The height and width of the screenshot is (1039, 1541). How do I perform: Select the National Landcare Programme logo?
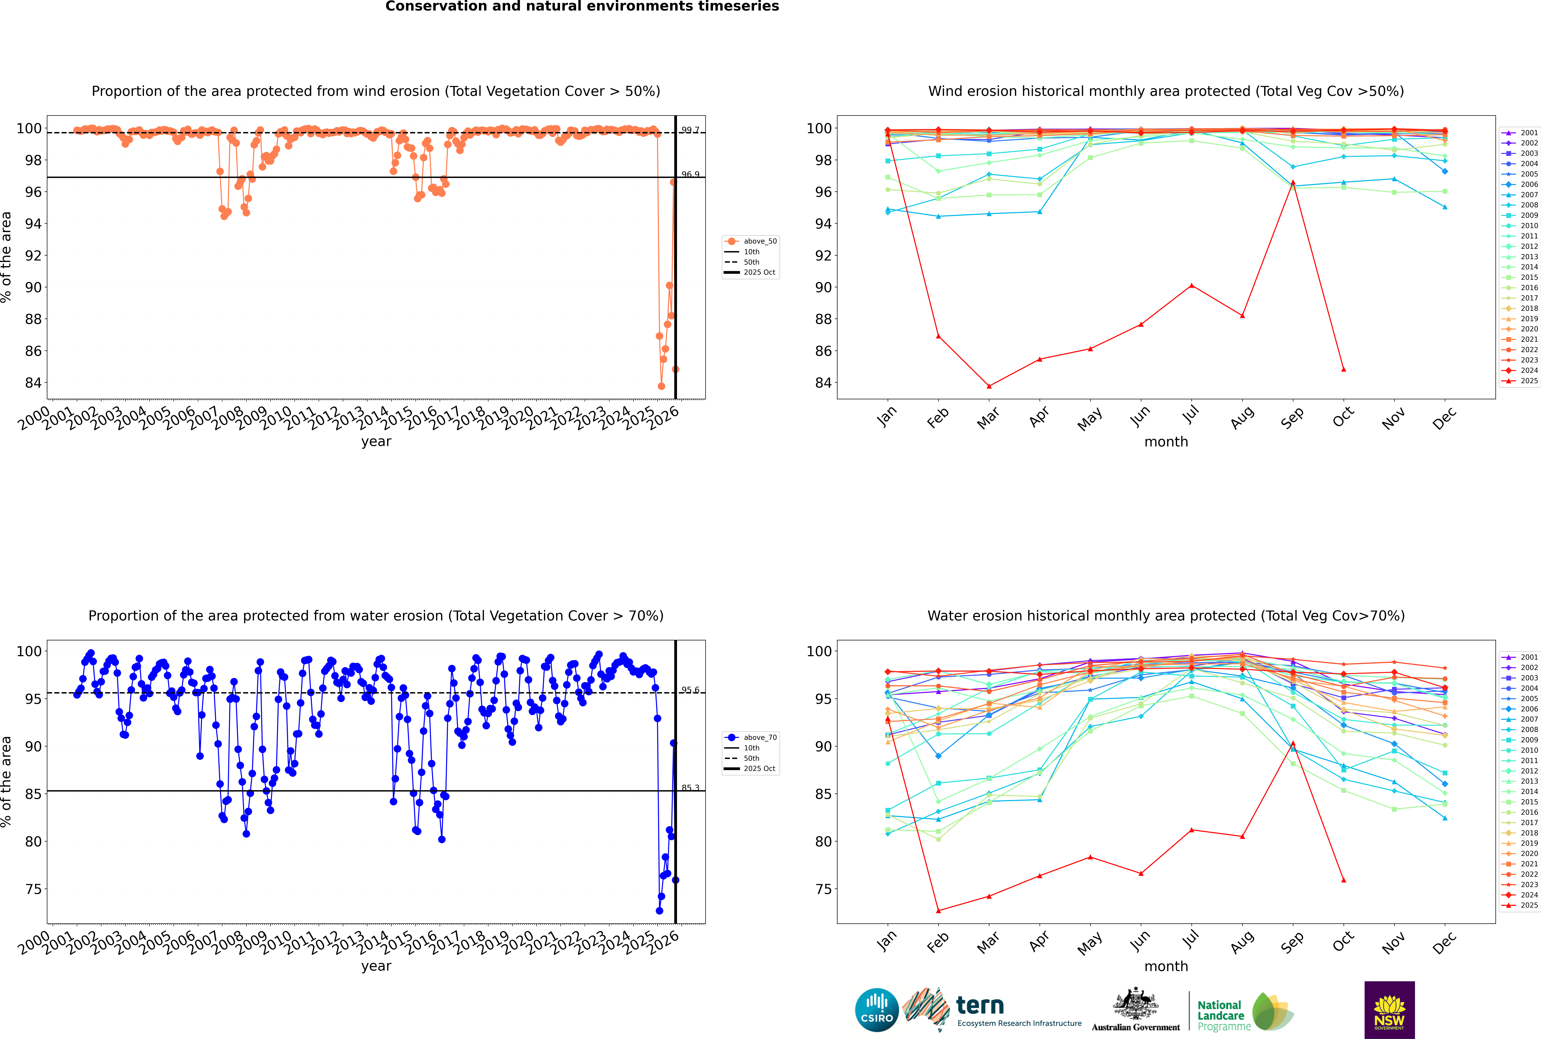click(x=1244, y=1012)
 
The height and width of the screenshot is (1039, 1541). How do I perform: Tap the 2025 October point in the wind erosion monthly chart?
click(x=1344, y=369)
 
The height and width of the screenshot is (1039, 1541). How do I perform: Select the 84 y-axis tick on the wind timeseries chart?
click(x=33, y=383)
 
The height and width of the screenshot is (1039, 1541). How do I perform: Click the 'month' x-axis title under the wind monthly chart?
click(x=1166, y=442)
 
